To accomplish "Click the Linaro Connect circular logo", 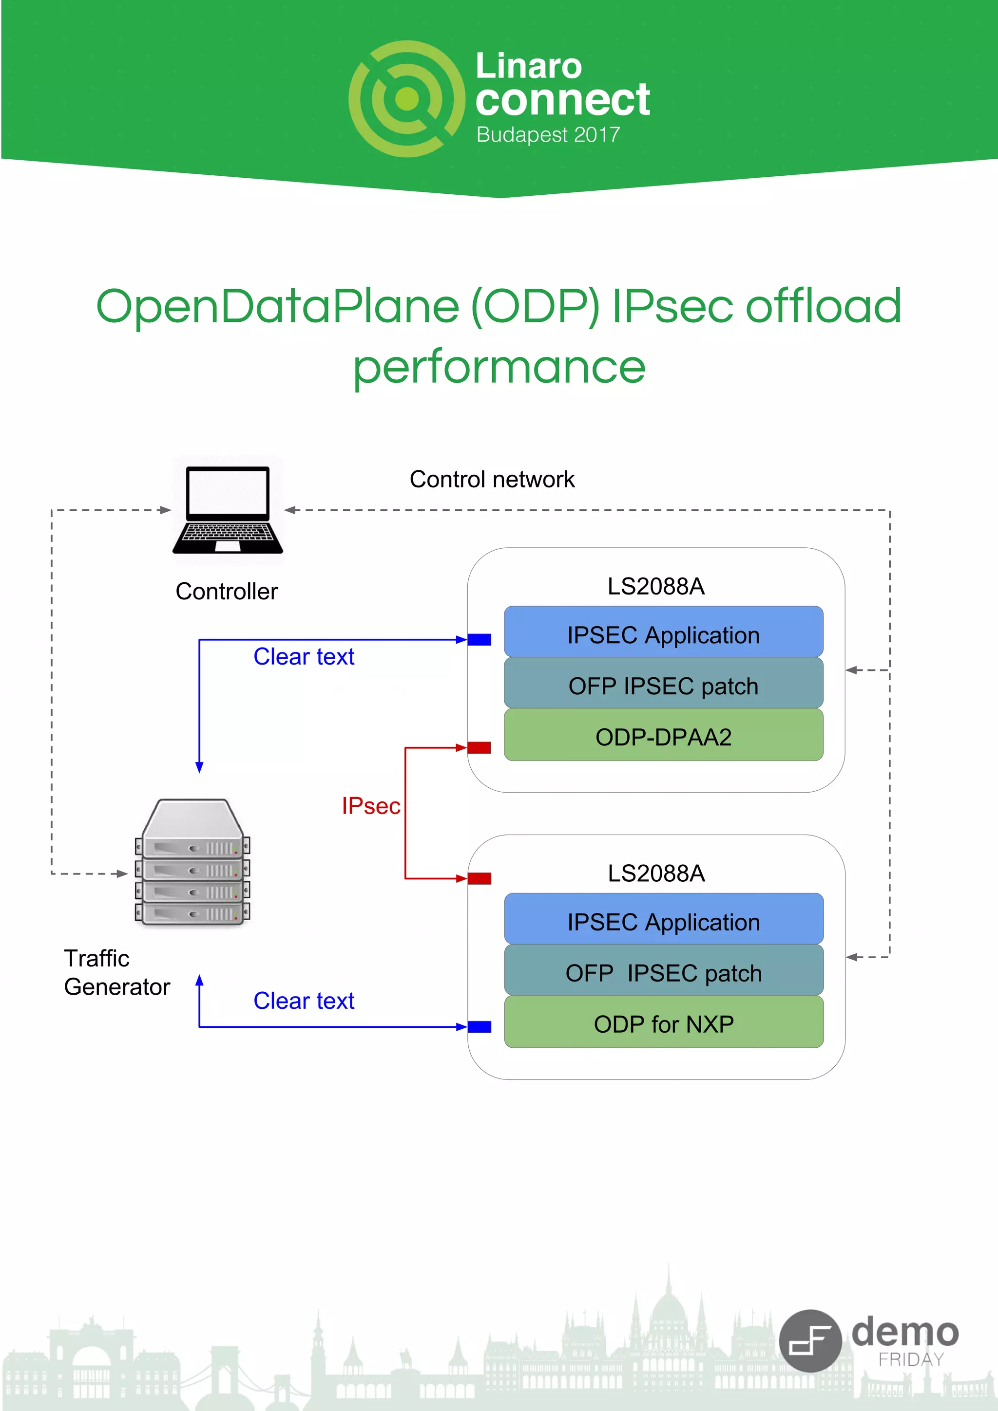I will pos(406,99).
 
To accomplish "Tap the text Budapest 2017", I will pos(547,134).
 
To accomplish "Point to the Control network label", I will pos(491,480).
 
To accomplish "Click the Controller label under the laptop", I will pos(226,591).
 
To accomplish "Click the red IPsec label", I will pos(370,806).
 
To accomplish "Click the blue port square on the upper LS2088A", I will pos(479,640).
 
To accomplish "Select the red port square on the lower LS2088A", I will pos(479,878).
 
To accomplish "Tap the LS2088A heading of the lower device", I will pos(655,873).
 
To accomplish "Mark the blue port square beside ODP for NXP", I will pos(479,1026).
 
